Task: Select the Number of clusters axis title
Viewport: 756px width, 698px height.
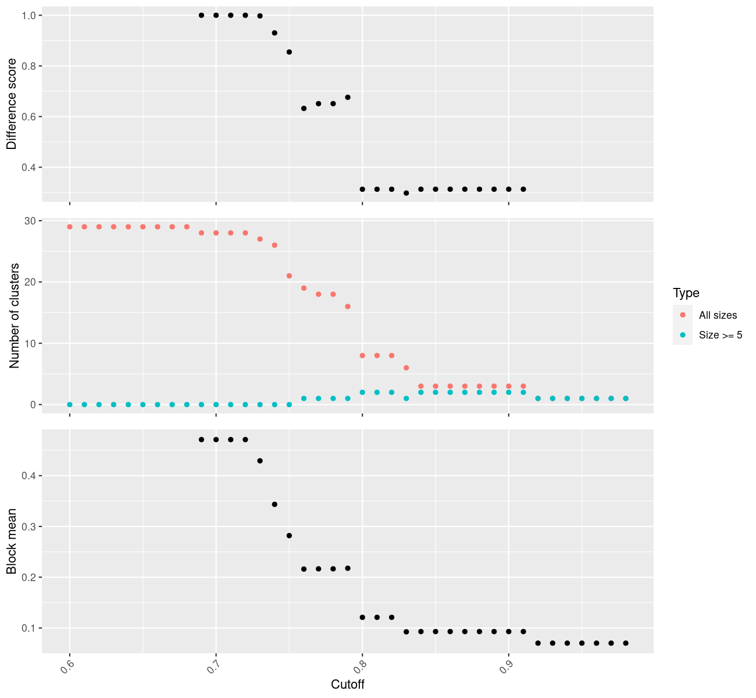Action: point(15,316)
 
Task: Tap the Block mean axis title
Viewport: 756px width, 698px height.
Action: point(12,541)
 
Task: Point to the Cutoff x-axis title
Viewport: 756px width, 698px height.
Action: point(347,685)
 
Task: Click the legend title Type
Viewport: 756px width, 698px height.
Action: point(686,293)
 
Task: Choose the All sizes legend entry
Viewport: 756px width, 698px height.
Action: point(718,315)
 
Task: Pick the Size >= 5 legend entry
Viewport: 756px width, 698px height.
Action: point(721,335)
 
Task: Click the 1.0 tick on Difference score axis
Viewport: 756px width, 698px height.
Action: point(28,15)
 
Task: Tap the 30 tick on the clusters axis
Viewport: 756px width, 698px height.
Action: point(30,220)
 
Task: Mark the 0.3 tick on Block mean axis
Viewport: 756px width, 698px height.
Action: point(28,526)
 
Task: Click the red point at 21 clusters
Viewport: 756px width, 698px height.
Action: point(289,276)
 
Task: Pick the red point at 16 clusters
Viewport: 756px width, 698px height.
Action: point(348,307)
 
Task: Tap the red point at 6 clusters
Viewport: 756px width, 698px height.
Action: point(406,368)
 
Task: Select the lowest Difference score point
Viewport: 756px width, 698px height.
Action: point(406,193)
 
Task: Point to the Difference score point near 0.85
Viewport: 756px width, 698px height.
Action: point(289,52)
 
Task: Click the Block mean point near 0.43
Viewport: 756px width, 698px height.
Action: point(260,461)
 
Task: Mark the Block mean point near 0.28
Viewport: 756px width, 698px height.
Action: point(289,536)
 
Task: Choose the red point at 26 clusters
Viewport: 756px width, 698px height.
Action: point(274,245)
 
